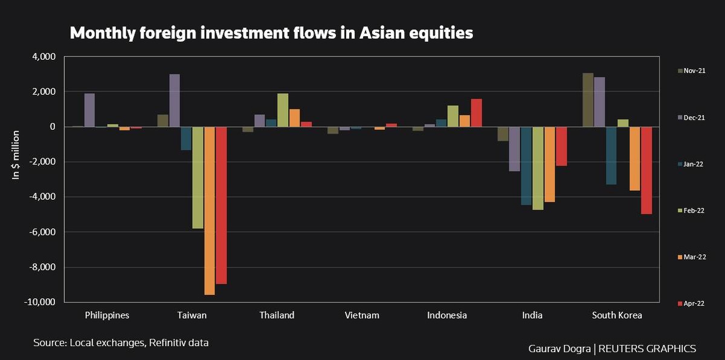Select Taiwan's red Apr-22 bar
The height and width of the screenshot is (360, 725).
coord(221,205)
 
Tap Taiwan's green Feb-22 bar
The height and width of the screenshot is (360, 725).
coord(198,178)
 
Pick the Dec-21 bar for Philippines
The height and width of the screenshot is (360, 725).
coord(89,110)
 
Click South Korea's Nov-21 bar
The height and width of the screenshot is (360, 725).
coord(588,100)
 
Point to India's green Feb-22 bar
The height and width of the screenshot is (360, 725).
coord(538,168)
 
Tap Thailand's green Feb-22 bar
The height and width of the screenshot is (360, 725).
coord(283,110)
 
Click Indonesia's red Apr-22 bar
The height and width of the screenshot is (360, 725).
coord(476,113)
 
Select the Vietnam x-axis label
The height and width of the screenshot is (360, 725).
coord(362,315)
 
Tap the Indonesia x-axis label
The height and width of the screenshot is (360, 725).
coord(447,315)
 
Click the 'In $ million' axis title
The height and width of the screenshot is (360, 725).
coord(16,154)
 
